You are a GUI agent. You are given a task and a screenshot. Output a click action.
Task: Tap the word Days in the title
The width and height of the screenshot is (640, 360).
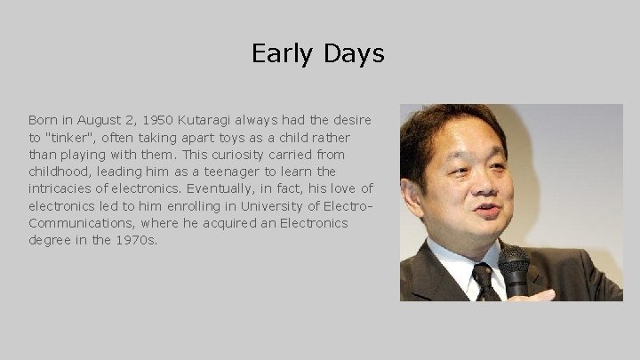[354, 54]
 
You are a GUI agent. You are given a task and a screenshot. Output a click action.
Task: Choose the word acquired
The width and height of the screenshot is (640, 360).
[209, 223]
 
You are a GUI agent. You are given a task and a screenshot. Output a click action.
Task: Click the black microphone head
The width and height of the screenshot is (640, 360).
[513, 263]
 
